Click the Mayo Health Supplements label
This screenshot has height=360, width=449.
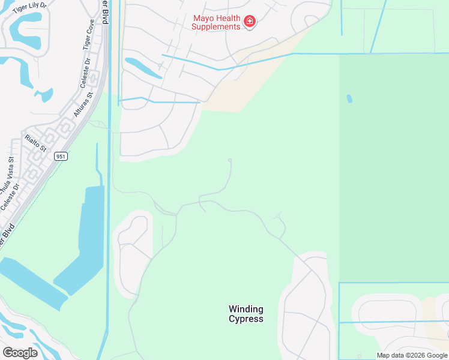click(x=216, y=22)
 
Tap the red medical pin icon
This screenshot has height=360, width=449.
click(x=250, y=22)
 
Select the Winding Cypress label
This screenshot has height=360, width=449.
click(x=246, y=314)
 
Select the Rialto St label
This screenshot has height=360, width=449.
click(x=35, y=143)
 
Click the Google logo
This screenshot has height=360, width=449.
click(x=20, y=352)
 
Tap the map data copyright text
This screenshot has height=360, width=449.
click(x=412, y=355)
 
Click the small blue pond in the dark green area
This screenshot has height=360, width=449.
click(x=349, y=98)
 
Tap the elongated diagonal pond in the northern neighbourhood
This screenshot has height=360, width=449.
click(x=143, y=68)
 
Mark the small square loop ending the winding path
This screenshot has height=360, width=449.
click(x=231, y=160)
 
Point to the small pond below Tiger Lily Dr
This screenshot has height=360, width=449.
click(x=43, y=95)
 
